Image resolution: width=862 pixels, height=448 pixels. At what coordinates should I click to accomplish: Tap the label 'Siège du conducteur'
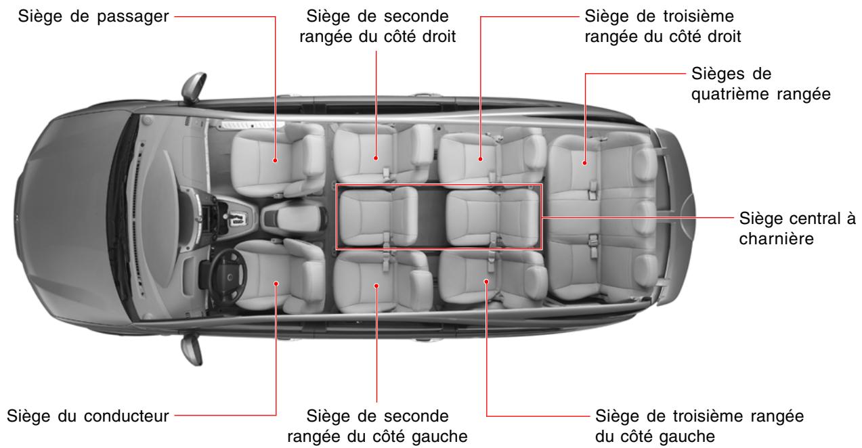87,414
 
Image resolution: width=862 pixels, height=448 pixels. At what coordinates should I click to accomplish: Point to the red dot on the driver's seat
276,284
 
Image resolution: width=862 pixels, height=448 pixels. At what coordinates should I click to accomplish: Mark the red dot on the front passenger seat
276,160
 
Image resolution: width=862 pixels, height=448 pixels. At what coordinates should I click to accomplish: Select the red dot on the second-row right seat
376,159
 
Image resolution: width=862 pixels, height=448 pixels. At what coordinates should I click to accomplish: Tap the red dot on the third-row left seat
486,279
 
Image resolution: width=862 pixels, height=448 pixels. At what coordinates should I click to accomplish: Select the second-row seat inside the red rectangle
378,217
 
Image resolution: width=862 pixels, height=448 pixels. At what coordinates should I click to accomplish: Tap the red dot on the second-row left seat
376,286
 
